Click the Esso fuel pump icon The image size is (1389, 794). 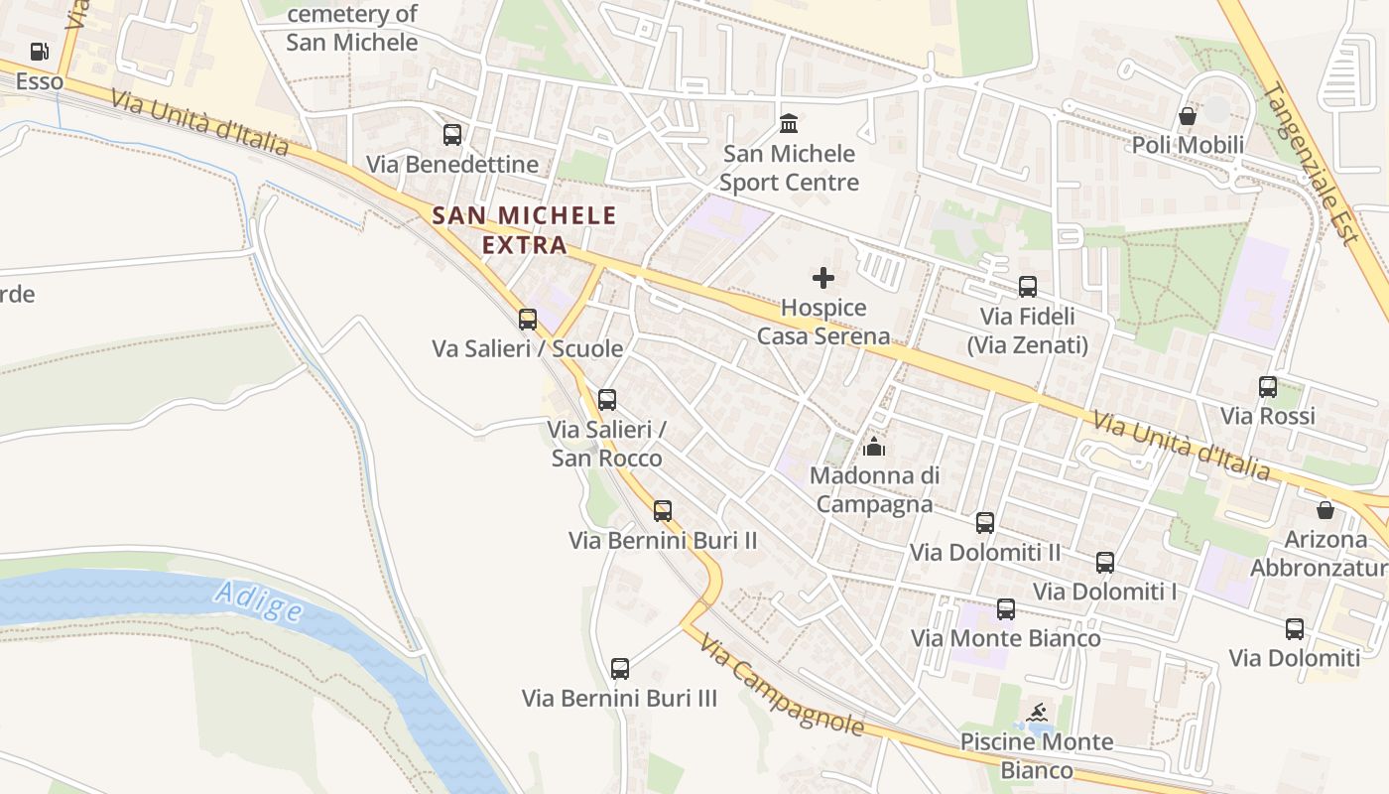tap(40, 52)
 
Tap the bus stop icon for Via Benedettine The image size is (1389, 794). tap(452, 134)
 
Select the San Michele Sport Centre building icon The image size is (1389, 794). tap(789, 124)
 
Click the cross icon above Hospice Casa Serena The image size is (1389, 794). tap(823, 278)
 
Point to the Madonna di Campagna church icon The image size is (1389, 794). tap(874, 447)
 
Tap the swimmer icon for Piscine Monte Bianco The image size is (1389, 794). tap(1038, 713)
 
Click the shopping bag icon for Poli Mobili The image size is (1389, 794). tap(1187, 116)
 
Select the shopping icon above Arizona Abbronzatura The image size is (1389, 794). tap(1325, 510)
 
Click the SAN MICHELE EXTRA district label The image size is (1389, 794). tap(524, 229)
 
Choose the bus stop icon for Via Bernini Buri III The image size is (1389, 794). tap(620, 669)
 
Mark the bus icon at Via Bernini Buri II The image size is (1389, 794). tap(663, 511)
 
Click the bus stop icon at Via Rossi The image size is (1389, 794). tap(1268, 387)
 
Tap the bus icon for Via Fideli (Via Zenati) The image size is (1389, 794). tap(1028, 287)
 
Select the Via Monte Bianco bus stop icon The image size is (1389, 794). tap(1006, 609)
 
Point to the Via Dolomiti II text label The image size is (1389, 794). tap(985, 552)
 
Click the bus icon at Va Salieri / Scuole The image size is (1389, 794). tap(528, 320)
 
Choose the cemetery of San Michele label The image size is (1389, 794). tap(352, 28)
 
